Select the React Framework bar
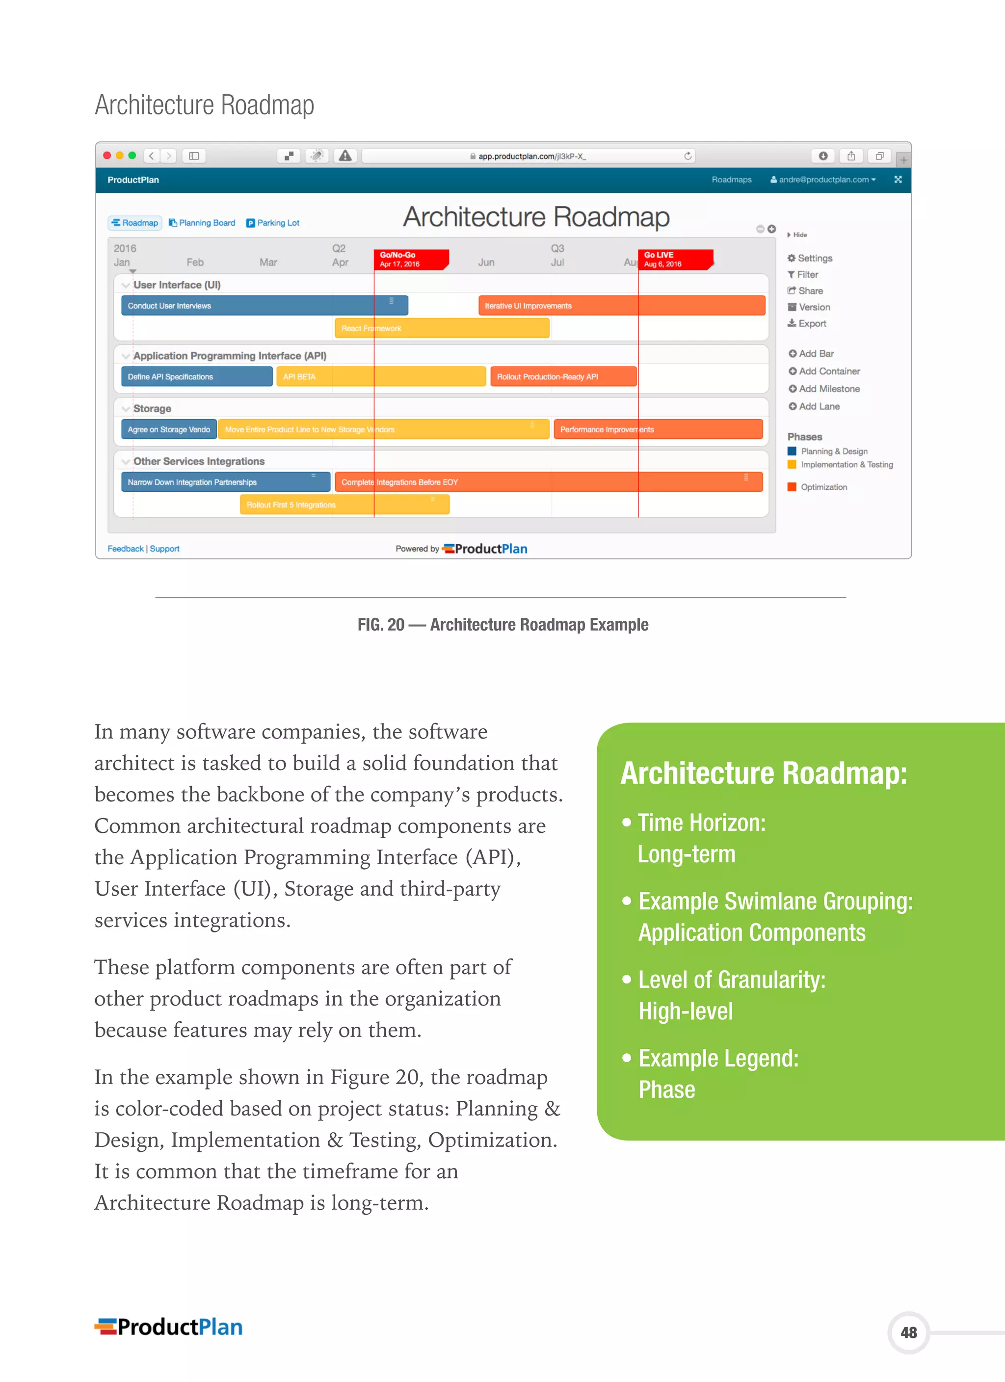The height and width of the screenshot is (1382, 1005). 441,328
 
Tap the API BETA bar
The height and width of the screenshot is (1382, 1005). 380,376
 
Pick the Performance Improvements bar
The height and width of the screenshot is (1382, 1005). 658,429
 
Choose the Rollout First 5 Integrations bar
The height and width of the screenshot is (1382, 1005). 344,505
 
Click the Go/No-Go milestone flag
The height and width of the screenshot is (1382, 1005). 410,260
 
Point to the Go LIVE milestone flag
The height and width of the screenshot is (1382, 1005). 675,260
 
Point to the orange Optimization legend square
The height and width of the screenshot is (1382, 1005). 792,487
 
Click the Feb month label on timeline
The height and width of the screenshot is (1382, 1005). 195,263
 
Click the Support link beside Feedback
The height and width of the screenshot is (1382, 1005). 164,548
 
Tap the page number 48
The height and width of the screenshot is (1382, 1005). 908,1332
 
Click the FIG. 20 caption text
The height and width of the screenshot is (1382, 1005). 503,625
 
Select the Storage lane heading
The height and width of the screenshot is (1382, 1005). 152,409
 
